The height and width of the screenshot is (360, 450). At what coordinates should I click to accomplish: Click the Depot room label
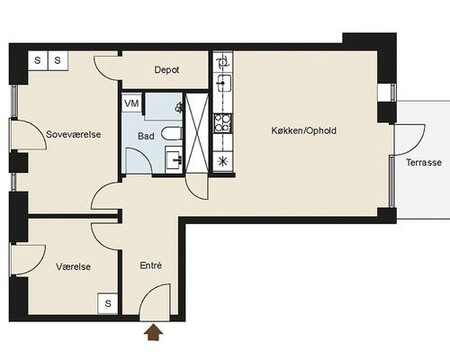click(x=166, y=70)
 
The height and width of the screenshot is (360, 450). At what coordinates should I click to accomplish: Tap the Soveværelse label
click(x=73, y=134)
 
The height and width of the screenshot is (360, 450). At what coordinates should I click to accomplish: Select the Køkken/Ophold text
click(x=303, y=130)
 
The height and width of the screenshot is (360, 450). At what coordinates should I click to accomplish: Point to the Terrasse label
click(x=424, y=162)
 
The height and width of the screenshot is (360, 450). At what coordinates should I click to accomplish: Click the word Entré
click(x=151, y=265)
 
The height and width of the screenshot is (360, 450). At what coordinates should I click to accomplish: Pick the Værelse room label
click(x=73, y=266)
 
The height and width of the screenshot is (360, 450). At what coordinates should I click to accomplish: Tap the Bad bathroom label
click(x=146, y=136)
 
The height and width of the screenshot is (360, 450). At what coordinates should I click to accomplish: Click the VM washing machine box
click(x=131, y=103)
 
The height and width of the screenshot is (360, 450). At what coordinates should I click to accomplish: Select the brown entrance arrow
click(x=154, y=332)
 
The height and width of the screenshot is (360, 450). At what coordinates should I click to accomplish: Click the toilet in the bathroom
click(x=172, y=133)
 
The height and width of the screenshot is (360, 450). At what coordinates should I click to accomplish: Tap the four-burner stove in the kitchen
click(x=222, y=123)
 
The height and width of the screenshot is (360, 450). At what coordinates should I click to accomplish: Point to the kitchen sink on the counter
click(x=223, y=83)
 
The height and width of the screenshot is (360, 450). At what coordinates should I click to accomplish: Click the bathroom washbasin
click(x=174, y=157)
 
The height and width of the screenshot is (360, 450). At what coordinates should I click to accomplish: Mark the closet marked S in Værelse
click(x=108, y=303)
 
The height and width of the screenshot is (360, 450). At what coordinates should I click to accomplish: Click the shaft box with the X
click(x=197, y=133)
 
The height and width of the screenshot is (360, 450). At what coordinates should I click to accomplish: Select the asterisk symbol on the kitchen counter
click(x=222, y=161)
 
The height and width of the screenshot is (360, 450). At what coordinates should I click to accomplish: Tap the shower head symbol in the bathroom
click(x=179, y=106)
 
